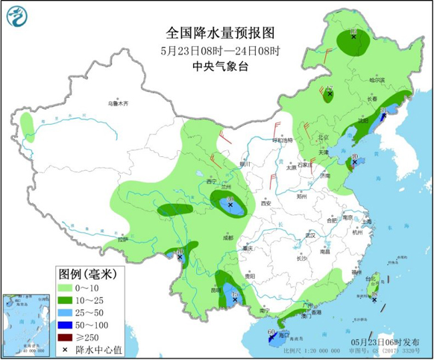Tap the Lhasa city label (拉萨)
(121, 239)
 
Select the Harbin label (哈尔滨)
(377, 79)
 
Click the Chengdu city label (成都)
(228, 237)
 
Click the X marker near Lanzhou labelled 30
(230, 205)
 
